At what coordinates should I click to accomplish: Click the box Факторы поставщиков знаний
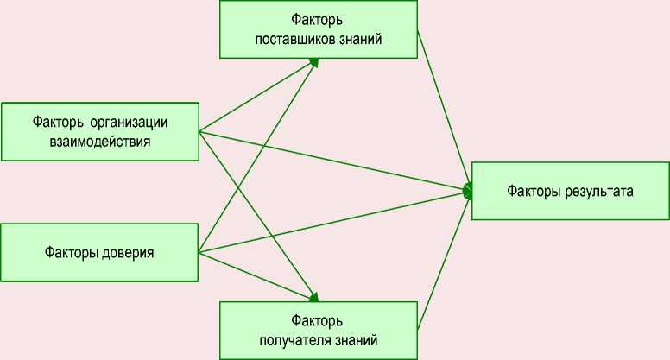coord(319,29)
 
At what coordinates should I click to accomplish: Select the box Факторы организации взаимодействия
coord(100,131)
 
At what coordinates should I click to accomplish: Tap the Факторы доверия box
coord(100,253)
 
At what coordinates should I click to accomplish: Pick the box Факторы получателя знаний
coord(319,330)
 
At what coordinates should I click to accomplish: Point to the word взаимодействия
coord(100,142)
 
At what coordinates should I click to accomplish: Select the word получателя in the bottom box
coord(297,339)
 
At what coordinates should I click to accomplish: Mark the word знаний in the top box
coord(361,39)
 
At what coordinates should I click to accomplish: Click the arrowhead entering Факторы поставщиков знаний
coord(314,62)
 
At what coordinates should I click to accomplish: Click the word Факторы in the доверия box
coord(73,253)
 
